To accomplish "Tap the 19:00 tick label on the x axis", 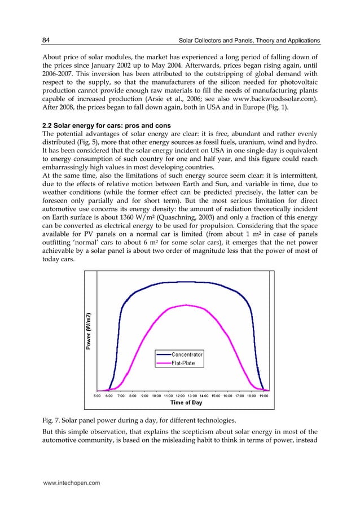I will point(264,396).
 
